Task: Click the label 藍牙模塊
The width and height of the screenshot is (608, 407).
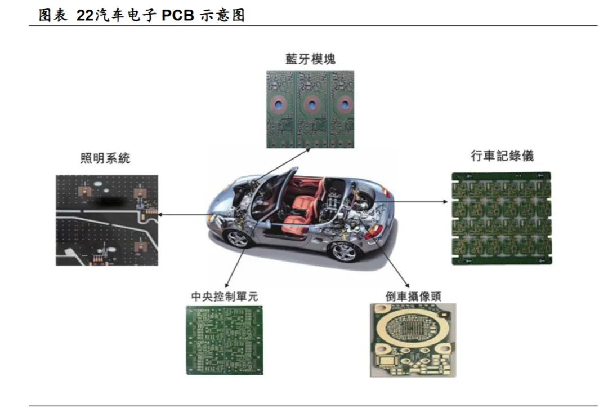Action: [x=310, y=59]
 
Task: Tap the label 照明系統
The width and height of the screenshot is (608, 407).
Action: [x=105, y=158]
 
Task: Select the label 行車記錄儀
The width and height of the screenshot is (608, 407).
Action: [x=502, y=156]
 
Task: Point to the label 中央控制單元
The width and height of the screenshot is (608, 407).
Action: [x=225, y=296]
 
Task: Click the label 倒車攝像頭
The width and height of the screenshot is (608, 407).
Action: [x=414, y=297]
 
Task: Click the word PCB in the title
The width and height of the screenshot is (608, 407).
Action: [x=178, y=16]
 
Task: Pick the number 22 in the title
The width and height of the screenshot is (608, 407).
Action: [x=84, y=16]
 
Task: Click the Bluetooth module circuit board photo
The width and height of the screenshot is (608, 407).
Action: [x=310, y=109]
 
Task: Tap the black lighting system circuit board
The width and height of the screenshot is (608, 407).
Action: [x=106, y=220]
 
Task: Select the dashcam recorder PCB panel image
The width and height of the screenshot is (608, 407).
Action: [x=502, y=218]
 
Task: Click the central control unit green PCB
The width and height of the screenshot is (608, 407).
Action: [x=225, y=340]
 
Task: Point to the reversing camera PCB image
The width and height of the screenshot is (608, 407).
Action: [x=413, y=340]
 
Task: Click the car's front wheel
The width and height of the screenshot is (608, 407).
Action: [x=238, y=238]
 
